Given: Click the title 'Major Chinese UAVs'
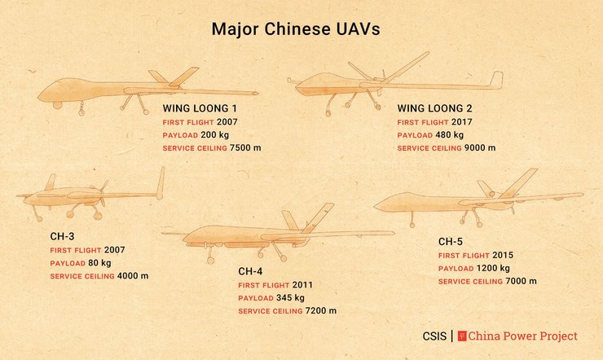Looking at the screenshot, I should [x=296, y=29].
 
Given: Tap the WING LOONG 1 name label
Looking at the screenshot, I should [x=200, y=108].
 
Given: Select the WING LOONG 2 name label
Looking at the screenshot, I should [x=435, y=108].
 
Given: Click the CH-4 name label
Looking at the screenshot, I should [x=252, y=271].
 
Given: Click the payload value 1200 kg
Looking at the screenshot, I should [x=493, y=268].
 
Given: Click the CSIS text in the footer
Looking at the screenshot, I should [x=434, y=336].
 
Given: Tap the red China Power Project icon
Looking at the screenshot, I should [x=463, y=336].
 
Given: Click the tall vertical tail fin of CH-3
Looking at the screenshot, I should [x=161, y=182].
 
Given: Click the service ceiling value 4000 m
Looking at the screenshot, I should [x=133, y=276].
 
